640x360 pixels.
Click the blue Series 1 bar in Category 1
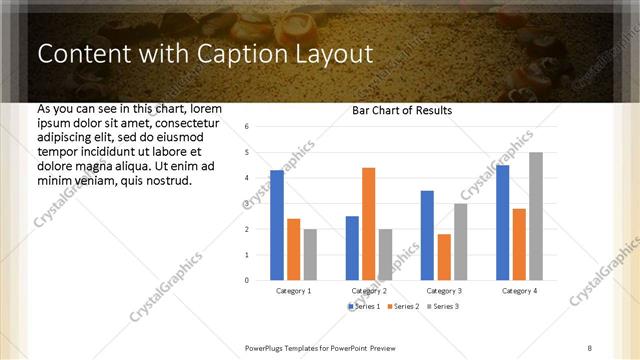277,225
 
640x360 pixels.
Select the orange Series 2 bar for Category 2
368,224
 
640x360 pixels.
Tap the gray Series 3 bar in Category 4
536,216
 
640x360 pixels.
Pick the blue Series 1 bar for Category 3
427,235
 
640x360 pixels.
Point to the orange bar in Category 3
443,257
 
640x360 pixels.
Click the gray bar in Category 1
310,254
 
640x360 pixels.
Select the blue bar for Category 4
502,222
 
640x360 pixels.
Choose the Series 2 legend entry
402,305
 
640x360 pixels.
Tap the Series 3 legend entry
443,305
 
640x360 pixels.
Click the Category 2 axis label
369,291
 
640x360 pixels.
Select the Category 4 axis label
519,291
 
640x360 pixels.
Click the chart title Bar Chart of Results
402,110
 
